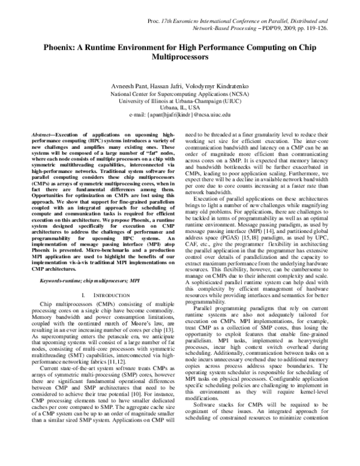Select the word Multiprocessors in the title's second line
tap(179, 57)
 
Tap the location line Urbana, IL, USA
tap(179, 109)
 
